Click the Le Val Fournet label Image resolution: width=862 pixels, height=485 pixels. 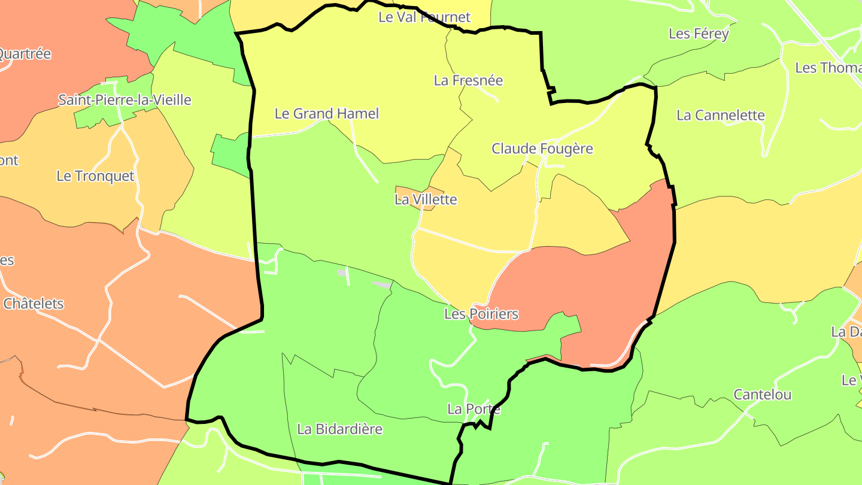click(x=424, y=17)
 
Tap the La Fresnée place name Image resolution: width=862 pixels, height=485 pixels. click(x=468, y=80)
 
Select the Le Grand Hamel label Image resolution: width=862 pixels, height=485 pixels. click(x=327, y=113)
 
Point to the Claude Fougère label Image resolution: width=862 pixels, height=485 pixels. click(x=542, y=148)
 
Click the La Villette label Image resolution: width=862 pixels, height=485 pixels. click(x=426, y=199)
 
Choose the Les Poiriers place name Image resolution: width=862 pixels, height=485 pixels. click(x=481, y=314)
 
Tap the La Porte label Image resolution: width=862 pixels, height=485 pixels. click(x=474, y=409)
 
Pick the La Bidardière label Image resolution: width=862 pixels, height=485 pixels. click(x=339, y=429)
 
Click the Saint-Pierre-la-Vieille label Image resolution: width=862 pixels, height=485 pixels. click(x=125, y=100)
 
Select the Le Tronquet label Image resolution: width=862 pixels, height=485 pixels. click(x=95, y=176)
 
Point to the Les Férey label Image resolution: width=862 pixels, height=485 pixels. click(x=699, y=34)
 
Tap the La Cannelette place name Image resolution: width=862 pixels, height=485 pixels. click(x=721, y=115)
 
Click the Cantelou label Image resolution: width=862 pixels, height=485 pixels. click(x=763, y=395)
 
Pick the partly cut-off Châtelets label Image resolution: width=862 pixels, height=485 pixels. click(x=33, y=304)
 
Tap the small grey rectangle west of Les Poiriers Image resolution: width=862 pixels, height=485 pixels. click(x=381, y=284)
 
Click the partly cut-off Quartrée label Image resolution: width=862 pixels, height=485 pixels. click(x=25, y=54)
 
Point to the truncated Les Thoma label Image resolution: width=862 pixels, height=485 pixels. click(x=828, y=68)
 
